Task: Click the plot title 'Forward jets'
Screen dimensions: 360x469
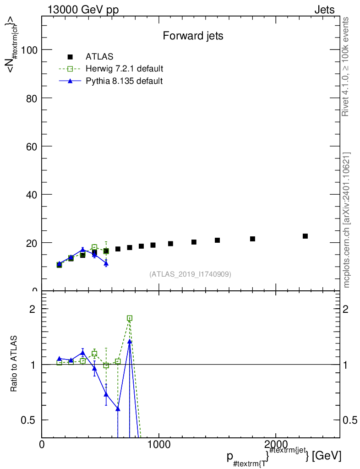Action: (x=193, y=36)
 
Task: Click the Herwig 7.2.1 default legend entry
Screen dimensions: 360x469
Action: (x=111, y=69)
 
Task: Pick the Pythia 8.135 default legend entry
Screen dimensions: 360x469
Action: (x=111, y=81)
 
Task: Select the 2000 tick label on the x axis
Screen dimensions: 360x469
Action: (x=275, y=444)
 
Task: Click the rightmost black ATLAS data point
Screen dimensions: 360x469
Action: (x=305, y=236)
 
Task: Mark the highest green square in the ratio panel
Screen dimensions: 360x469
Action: (x=130, y=318)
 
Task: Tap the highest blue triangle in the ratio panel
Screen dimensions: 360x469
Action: (x=130, y=341)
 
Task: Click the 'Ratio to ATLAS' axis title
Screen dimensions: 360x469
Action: (x=13, y=364)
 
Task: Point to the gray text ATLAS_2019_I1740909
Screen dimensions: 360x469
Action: (x=190, y=274)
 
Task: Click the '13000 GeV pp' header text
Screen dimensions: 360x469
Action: (x=83, y=10)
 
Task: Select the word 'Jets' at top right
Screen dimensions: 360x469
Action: (x=324, y=10)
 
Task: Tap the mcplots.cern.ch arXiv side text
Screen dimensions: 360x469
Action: (x=346, y=220)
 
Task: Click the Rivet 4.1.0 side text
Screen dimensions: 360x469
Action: (x=345, y=67)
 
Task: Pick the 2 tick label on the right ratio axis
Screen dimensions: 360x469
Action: (x=345, y=309)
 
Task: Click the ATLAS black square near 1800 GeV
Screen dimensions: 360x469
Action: (x=252, y=239)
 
